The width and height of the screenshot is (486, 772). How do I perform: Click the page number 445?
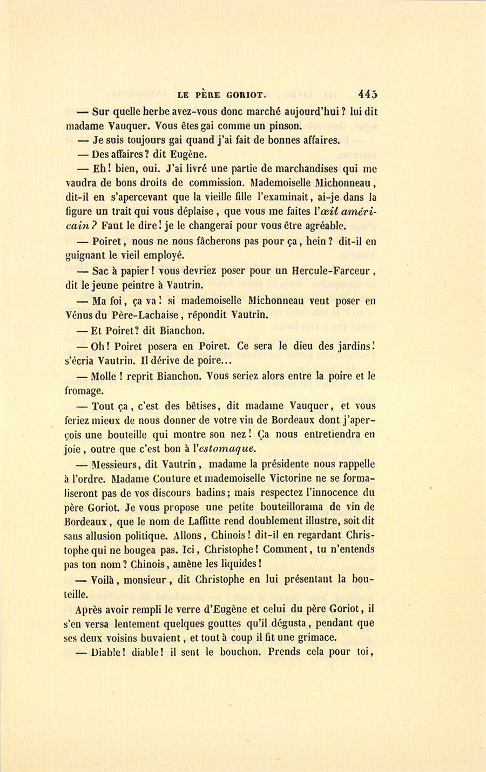[x=367, y=94]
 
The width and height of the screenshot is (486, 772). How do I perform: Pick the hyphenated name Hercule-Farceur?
[x=323, y=271]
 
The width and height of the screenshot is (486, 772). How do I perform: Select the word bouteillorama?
[x=292, y=507]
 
